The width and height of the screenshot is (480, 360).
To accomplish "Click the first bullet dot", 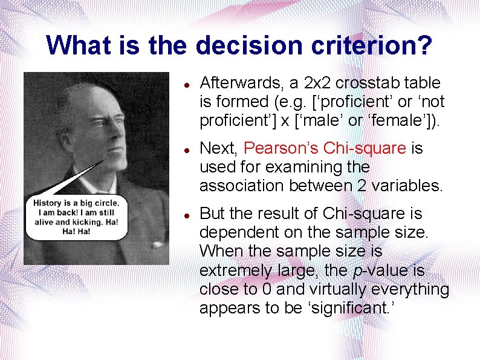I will (188, 83).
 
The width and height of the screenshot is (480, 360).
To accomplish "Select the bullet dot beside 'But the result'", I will (188, 214).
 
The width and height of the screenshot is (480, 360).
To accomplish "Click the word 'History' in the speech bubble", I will (51, 203).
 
